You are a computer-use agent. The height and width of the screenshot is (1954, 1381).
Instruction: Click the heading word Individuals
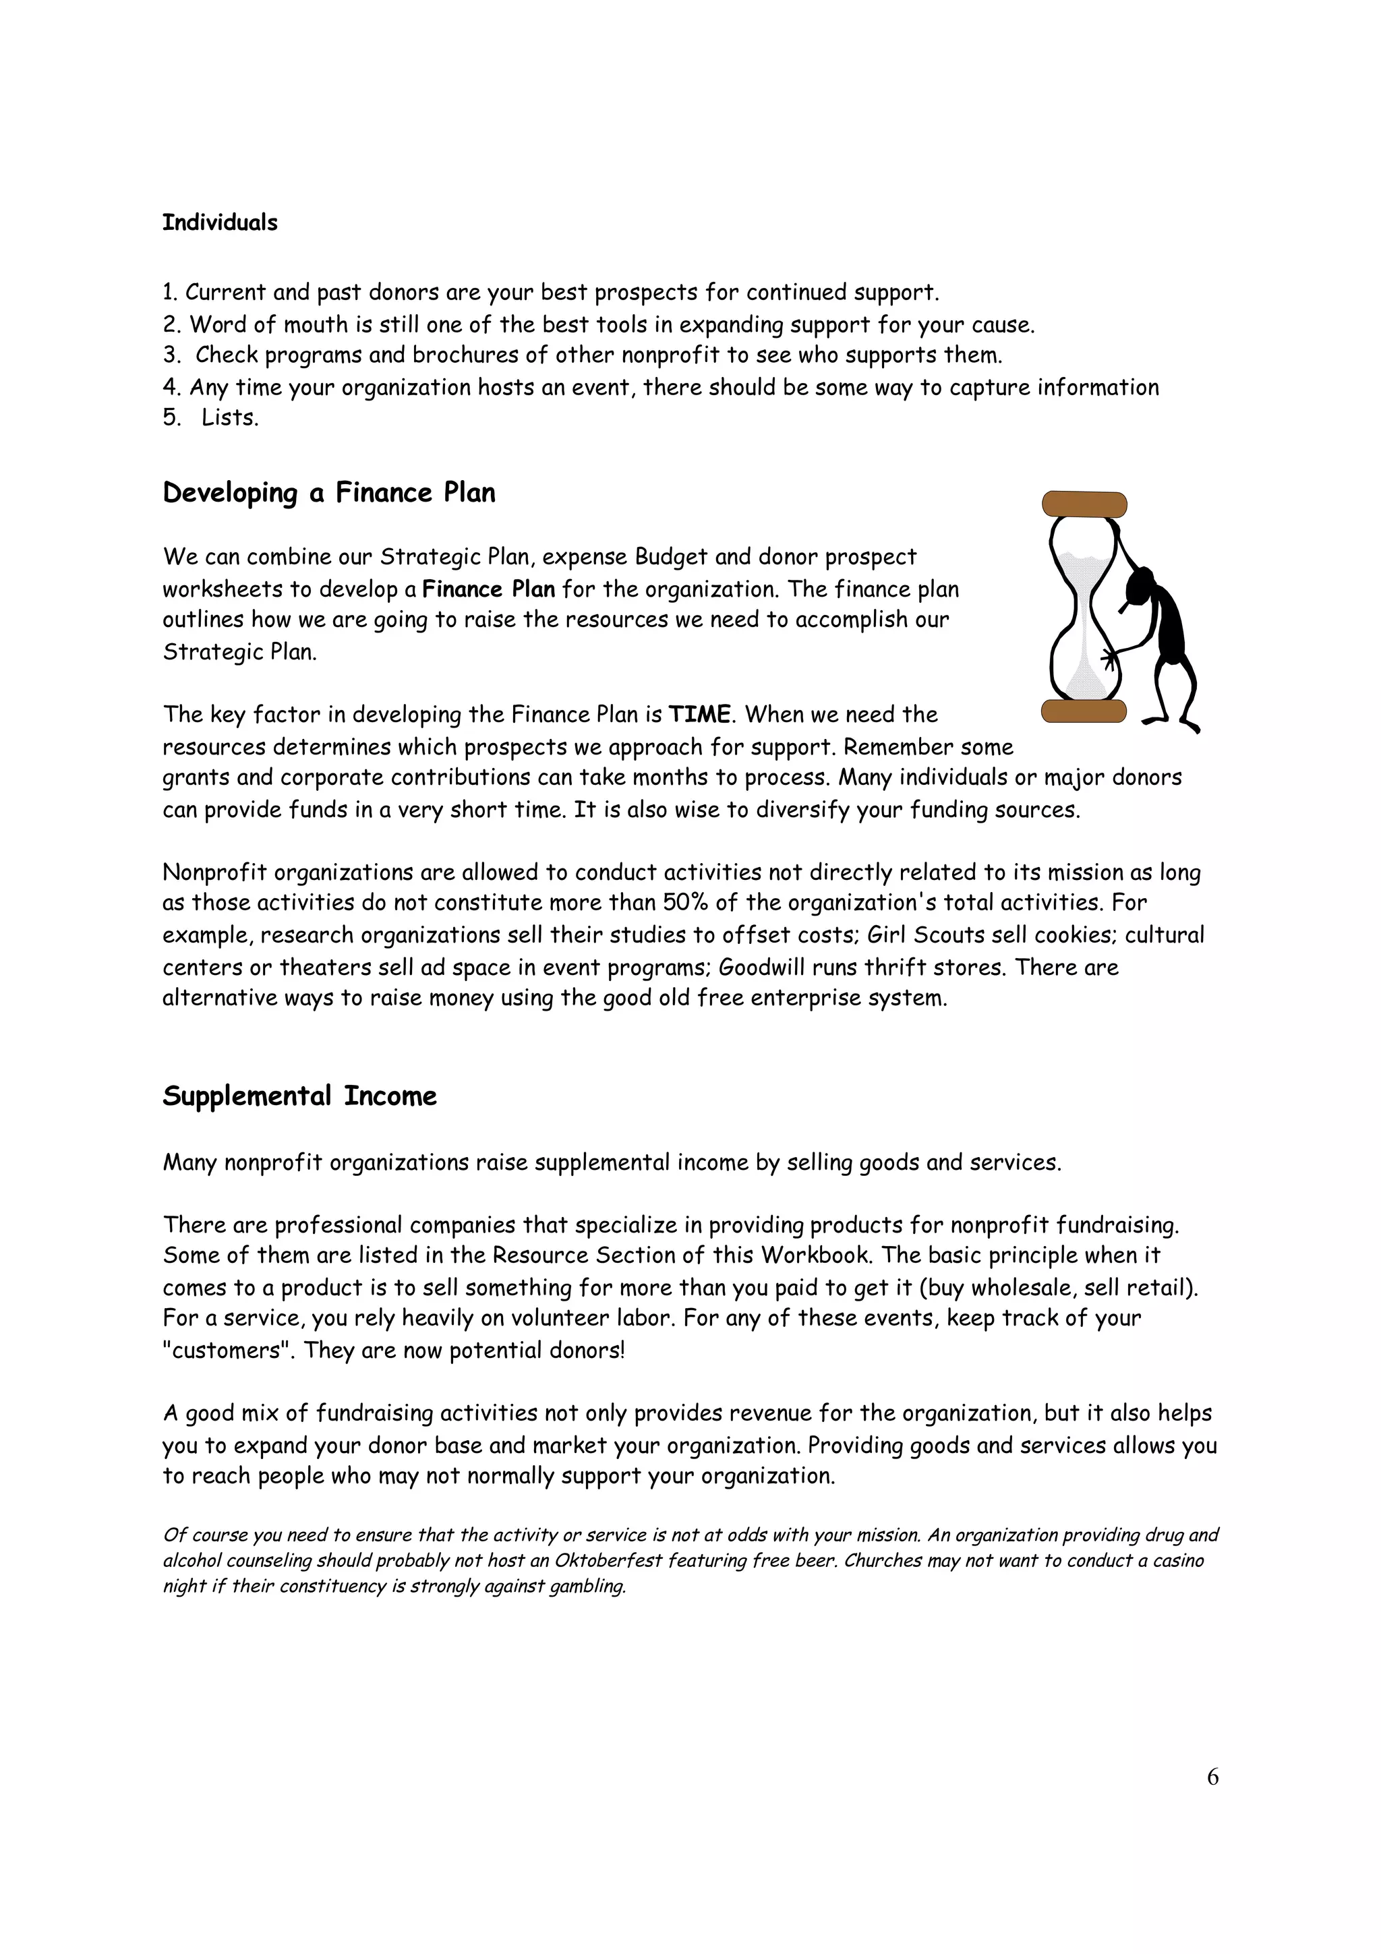pyautogui.click(x=220, y=223)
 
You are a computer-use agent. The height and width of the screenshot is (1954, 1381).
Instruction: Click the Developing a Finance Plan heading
pyautogui.click(x=328, y=494)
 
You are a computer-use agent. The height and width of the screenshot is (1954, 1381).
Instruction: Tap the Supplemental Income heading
pyautogui.click(x=299, y=1096)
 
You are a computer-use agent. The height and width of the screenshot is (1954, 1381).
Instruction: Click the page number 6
pyautogui.click(x=1212, y=1776)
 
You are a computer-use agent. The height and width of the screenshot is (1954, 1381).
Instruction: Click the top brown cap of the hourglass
pyautogui.click(x=1084, y=504)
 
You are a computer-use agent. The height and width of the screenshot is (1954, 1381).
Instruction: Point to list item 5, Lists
pyautogui.click(x=229, y=419)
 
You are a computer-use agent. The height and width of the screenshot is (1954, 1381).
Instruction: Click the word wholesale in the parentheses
pyautogui.click(x=1020, y=1288)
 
